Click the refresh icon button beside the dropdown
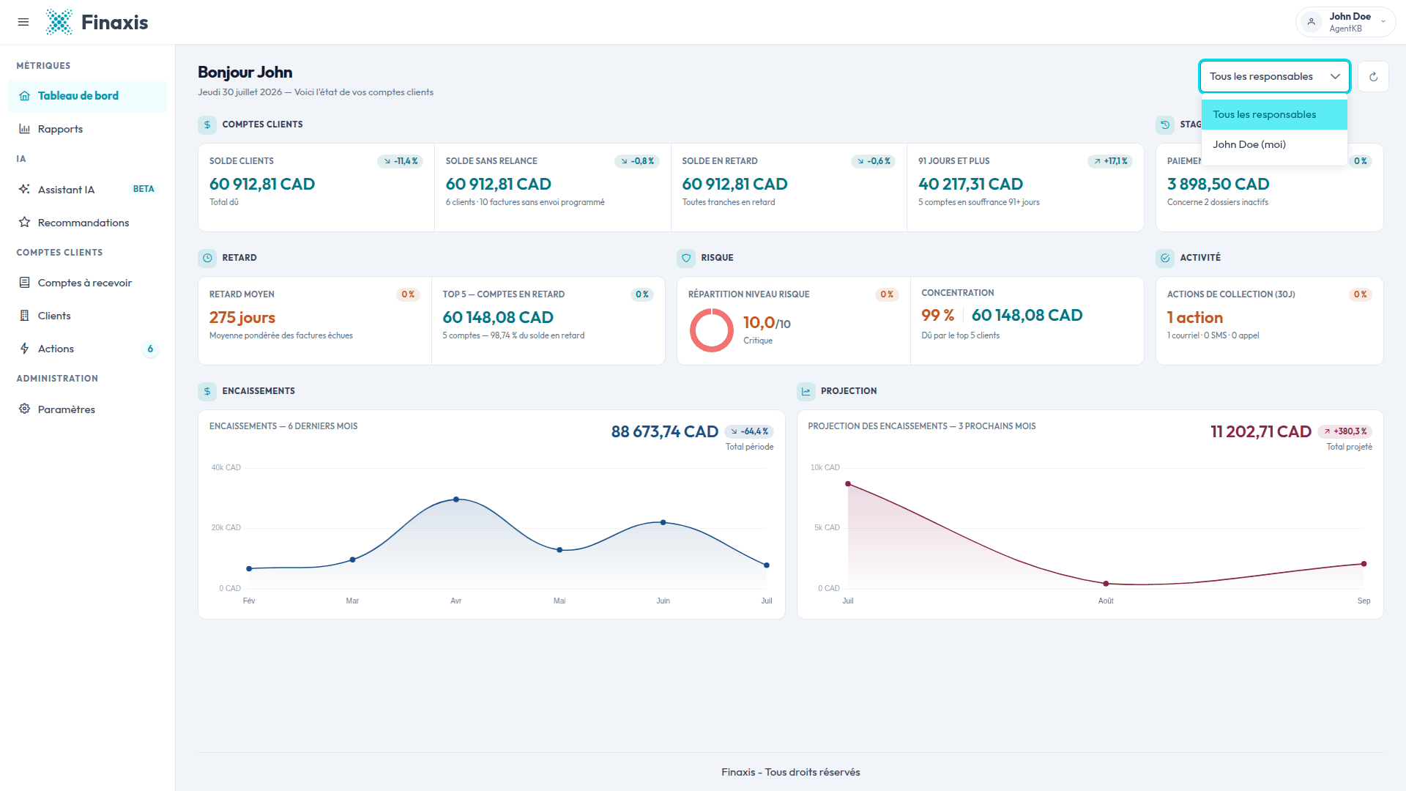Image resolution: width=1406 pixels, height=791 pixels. coord(1373,76)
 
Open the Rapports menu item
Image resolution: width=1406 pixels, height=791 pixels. coord(60,129)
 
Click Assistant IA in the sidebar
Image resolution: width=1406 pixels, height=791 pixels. coord(66,190)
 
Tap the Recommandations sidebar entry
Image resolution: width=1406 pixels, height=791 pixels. coord(83,223)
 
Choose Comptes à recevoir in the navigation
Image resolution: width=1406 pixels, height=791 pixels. coord(84,283)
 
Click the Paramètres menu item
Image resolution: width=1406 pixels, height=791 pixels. coord(66,409)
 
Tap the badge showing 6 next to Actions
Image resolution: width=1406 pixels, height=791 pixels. coord(150,349)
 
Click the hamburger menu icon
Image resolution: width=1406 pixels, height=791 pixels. coord(23,22)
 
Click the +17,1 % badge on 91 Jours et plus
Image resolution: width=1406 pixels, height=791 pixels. coord(1110,161)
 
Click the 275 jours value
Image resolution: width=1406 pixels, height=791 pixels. coord(242,317)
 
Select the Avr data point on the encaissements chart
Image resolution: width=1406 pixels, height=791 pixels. coord(456,500)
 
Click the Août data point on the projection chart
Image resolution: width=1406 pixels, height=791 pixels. coord(1106,584)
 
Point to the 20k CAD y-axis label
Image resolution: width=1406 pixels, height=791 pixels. coord(226,527)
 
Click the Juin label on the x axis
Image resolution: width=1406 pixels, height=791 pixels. coord(663,601)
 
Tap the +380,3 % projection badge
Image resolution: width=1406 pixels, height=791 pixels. coord(1345,431)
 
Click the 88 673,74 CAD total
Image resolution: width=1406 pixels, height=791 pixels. coord(665,431)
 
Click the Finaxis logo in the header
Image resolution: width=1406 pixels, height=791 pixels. coord(97,22)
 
